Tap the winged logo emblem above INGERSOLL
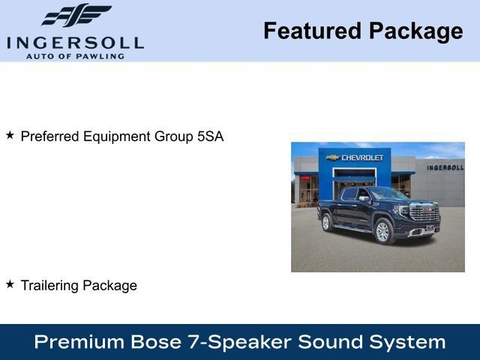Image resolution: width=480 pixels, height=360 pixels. (x=76, y=16)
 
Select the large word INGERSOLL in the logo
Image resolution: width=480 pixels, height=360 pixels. (x=75, y=42)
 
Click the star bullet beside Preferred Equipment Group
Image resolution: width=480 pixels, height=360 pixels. (x=10, y=136)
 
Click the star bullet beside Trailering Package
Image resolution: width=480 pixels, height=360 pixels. (x=10, y=284)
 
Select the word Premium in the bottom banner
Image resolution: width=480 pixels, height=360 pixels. (x=79, y=342)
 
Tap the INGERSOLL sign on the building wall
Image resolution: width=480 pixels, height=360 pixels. (x=445, y=167)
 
